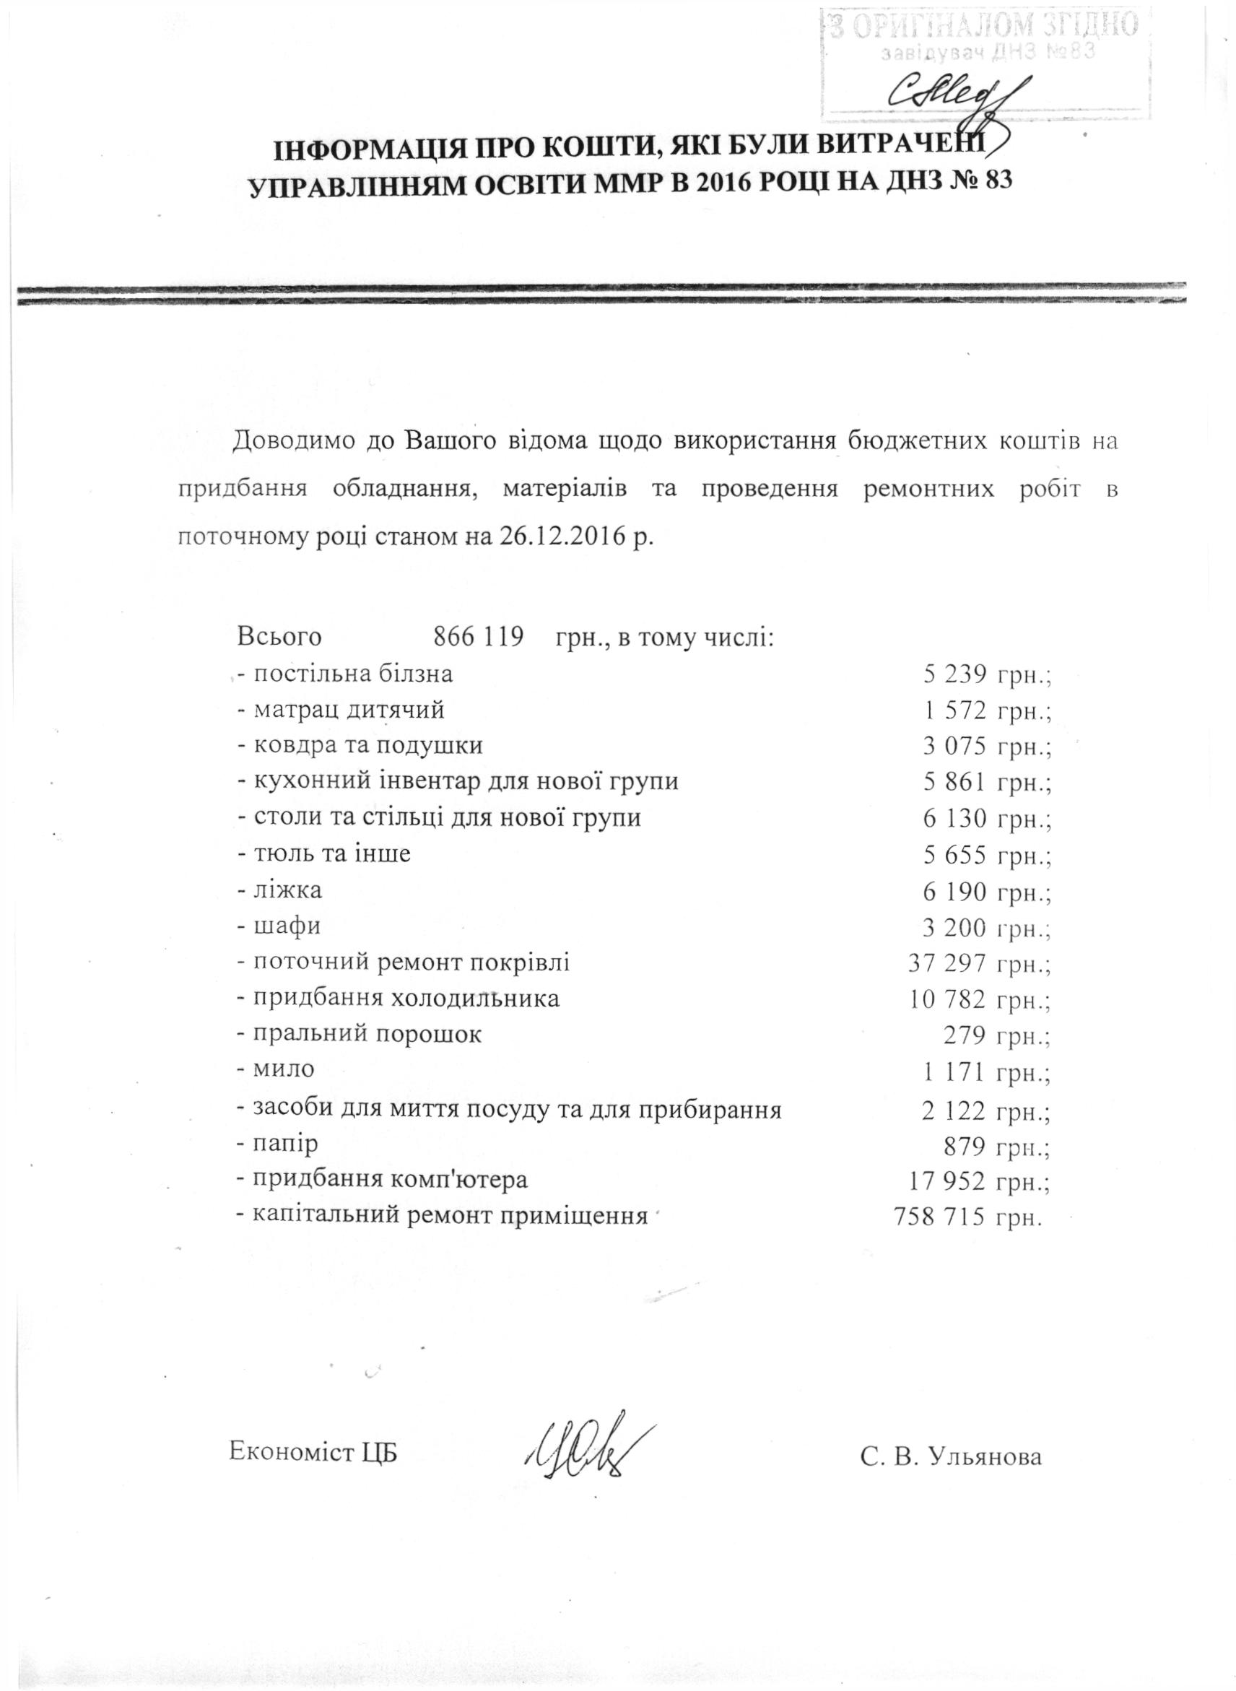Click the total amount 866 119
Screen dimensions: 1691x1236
478,638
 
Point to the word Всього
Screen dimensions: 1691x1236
280,638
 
